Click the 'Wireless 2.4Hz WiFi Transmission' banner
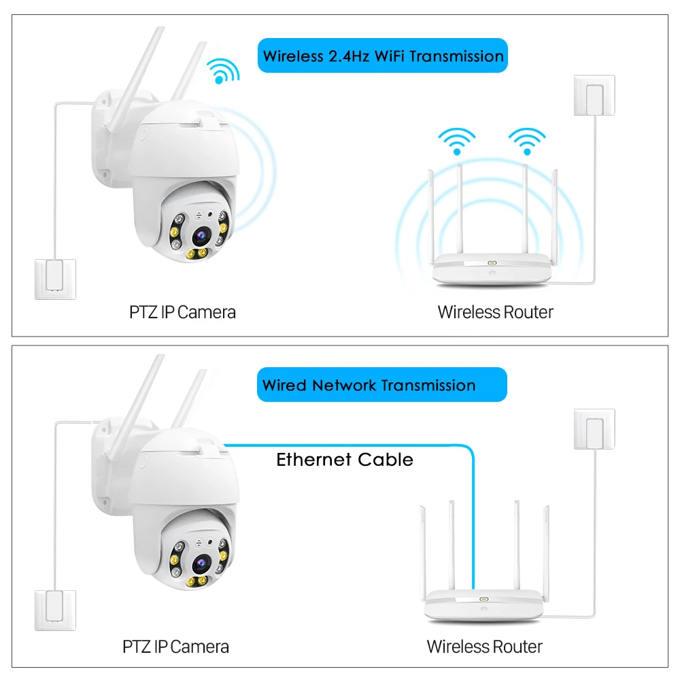[x=383, y=56]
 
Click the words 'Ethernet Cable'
[x=345, y=460]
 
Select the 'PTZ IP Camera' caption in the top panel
[x=183, y=312]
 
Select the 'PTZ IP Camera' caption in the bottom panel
[x=176, y=646]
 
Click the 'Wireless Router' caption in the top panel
[x=495, y=312]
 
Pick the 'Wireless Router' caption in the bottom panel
[x=484, y=646]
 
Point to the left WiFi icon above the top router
[x=456, y=140]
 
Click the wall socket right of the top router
[x=594, y=96]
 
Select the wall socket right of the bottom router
[x=594, y=429]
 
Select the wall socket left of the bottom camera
[x=55, y=610]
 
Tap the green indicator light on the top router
[x=492, y=262]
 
